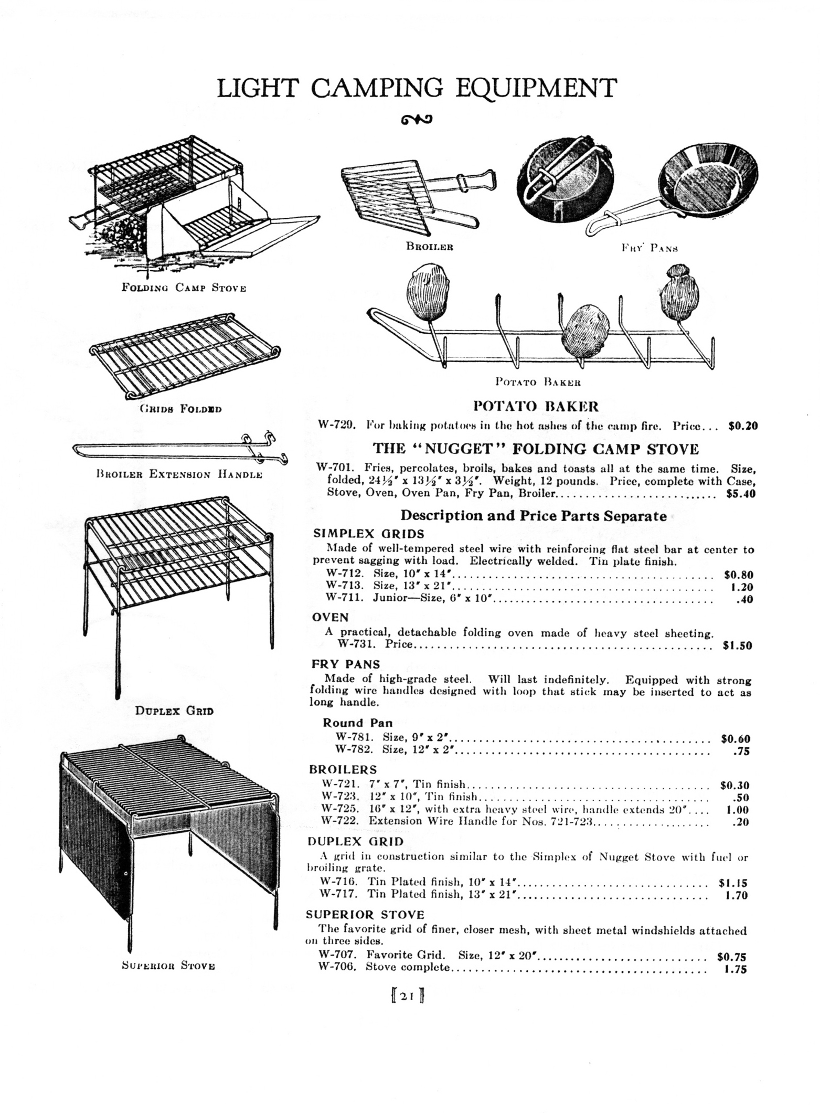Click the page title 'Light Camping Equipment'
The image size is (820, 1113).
tap(417, 88)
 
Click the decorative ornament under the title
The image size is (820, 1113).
tap(417, 120)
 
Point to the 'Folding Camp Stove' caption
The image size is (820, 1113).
tap(184, 288)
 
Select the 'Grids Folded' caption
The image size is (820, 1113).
tap(180, 409)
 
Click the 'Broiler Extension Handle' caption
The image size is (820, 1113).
tap(179, 474)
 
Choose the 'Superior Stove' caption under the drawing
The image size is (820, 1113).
tap(168, 965)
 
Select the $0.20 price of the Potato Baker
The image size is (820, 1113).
tap(743, 426)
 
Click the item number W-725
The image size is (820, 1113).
tap(340, 810)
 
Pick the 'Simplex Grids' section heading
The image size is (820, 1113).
tap(369, 534)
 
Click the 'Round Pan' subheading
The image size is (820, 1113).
tap(357, 723)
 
